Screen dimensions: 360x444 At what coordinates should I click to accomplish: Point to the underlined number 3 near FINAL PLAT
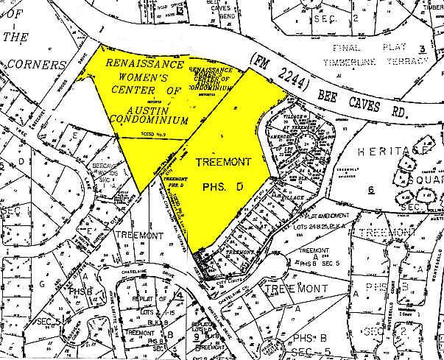tap(422, 49)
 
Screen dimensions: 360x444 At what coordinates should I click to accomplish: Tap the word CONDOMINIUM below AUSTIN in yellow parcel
tap(147, 117)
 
